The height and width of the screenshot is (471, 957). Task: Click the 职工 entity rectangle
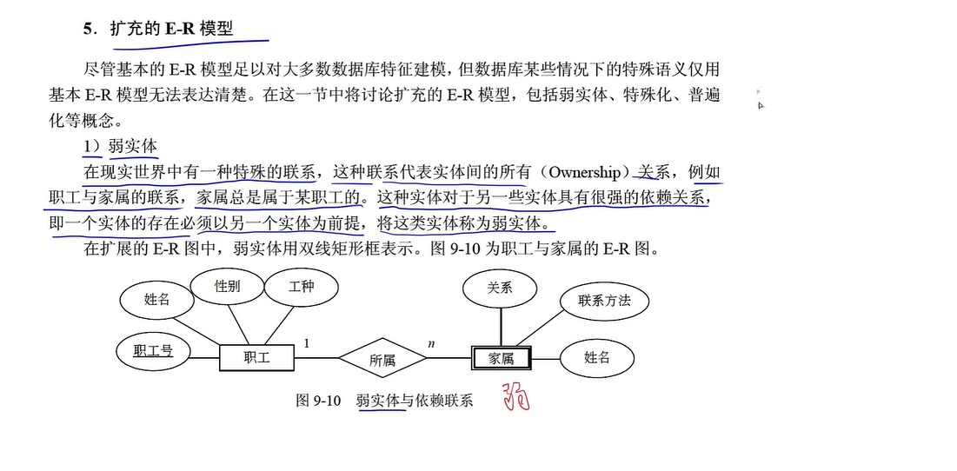click(256, 358)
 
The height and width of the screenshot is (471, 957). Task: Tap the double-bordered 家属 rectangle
click(501, 358)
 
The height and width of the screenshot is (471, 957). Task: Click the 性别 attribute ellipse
click(228, 287)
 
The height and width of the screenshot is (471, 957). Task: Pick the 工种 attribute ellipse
click(301, 287)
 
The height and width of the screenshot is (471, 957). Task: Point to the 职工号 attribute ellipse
click(153, 352)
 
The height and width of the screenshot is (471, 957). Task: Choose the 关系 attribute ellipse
click(500, 289)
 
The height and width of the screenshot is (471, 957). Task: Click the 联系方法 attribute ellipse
click(604, 302)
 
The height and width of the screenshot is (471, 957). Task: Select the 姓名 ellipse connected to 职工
click(157, 300)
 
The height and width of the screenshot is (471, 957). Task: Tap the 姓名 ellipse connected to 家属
click(596, 358)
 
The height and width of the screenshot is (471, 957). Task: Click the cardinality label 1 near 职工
click(306, 344)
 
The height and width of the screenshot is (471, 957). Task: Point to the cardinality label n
click(432, 344)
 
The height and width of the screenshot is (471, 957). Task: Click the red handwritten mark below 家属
click(516, 397)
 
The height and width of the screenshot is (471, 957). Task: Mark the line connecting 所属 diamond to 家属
click(449, 358)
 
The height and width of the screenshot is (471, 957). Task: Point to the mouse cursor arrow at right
click(761, 105)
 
